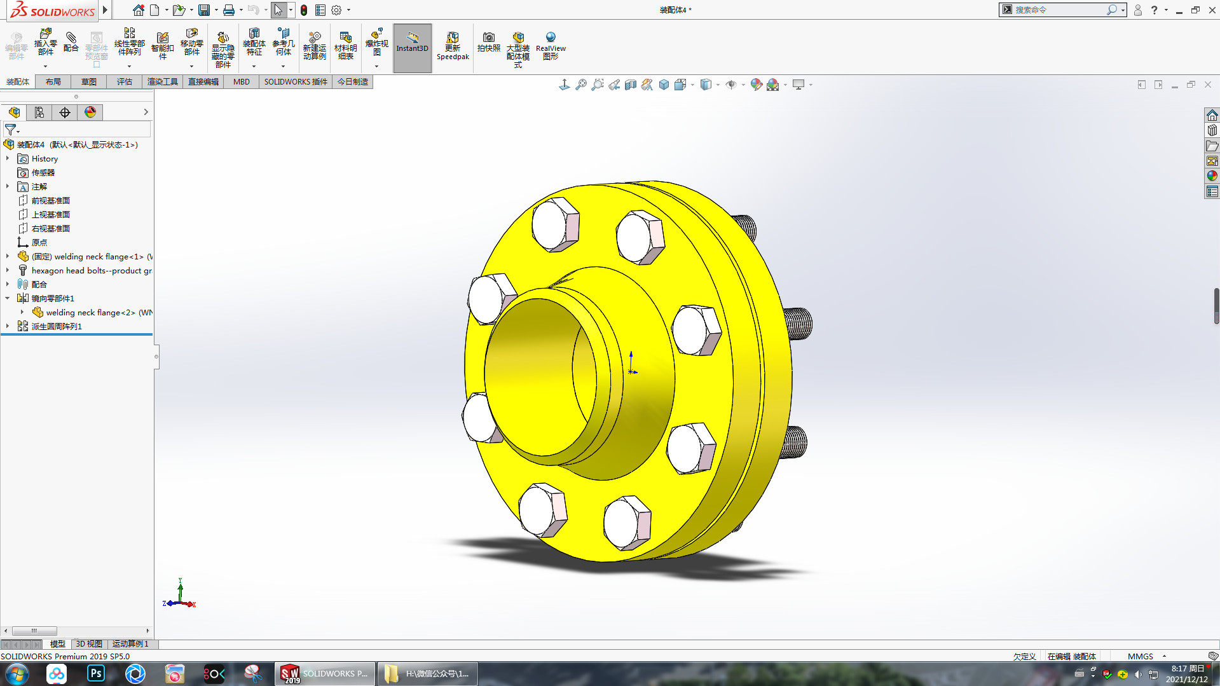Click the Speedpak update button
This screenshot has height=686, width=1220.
coord(453,46)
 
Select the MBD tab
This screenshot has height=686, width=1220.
coord(241,81)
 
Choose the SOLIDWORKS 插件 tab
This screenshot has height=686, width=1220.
coord(296,81)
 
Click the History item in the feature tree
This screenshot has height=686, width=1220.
coord(45,159)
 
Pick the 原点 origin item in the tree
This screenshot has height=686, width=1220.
coord(39,242)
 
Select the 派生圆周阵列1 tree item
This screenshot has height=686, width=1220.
coord(57,326)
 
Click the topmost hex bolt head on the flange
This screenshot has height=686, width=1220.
coord(555,224)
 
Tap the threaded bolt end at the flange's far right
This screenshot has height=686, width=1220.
coord(798,323)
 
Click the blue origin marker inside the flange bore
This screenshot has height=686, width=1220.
coord(631,371)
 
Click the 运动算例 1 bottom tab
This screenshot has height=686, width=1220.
coord(130,644)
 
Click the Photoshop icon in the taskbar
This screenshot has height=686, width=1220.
coord(96,673)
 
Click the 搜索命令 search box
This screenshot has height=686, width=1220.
coord(1059,10)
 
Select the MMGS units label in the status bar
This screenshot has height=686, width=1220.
coord(1140,656)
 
